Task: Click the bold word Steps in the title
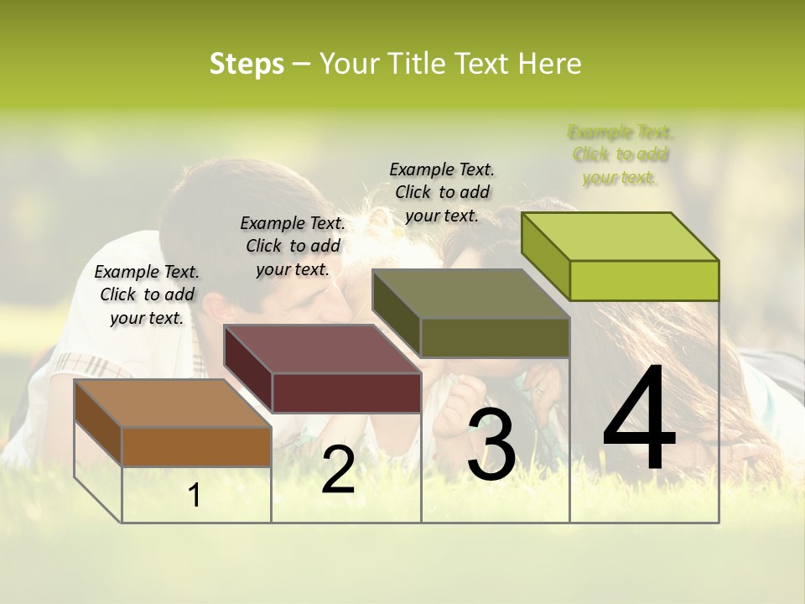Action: (247, 64)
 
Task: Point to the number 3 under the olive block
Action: (491, 445)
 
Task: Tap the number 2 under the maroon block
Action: (338, 470)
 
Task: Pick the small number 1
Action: (195, 496)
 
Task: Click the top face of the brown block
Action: (173, 404)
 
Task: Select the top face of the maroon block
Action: (322, 349)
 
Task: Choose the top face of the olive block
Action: (471, 294)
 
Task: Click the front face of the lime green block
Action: (644, 280)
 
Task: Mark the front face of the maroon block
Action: (346, 393)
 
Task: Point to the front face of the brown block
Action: (196, 447)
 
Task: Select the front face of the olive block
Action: (495, 337)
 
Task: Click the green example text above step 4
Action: (621, 155)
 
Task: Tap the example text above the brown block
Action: (147, 294)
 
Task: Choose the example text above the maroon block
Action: (293, 246)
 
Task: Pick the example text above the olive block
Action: (442, 192)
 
